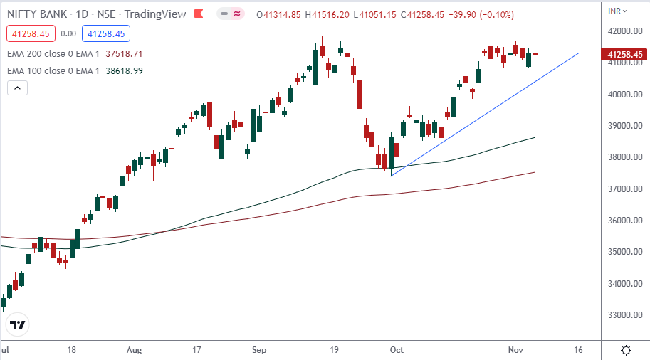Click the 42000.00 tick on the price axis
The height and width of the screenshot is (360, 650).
tap(624, 31)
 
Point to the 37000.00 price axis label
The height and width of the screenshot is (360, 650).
tap(624, 189)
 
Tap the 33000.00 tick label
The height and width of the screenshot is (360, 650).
tap(624, 314)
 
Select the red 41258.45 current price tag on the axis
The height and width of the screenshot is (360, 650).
tap(625, 54)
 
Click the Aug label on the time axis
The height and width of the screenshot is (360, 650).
tap(135, 350)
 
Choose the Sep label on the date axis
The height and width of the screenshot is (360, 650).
tap(260, 350)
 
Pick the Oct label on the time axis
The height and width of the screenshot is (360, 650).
tap(397, 350)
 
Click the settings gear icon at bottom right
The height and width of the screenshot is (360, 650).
tap(626, 350)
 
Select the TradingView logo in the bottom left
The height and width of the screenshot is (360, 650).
tap(18, 325)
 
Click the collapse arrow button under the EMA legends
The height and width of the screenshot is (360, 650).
tap(18, 88)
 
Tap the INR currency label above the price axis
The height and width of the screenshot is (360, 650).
tap(617, 9)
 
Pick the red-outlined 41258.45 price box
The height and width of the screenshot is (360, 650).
tap(29, 33)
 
